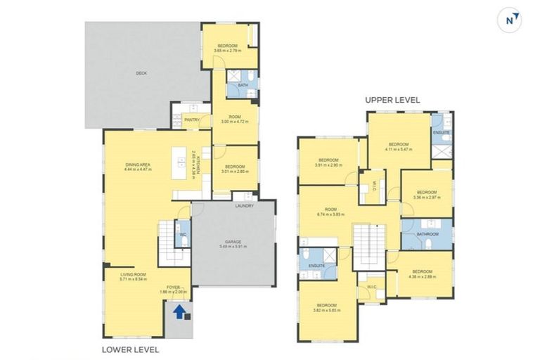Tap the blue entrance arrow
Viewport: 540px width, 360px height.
pyautogui.click(x=180, y=311)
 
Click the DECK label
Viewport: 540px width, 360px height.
pyautogui.click(x=141, y=72)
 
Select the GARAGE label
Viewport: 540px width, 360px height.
pyautogui.click(x=233, y=242)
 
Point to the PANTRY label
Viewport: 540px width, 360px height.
pyautogui.click(x=192, y=120)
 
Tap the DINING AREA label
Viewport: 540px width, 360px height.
pyautogui.click(x=137, y=165)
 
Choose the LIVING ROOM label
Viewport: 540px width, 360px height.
pyautogui.click(x=132, y=274)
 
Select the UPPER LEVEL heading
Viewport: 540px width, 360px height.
pyautogui.click(x=392, y=100)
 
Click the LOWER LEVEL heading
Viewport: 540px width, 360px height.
pyautogui.click(x=130, y=349)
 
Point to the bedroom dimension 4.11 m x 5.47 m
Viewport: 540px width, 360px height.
pyautogui.click(x=399, y=148)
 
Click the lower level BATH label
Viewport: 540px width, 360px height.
pyautogui.click(x=243, y=86)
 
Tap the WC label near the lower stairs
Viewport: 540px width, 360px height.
pyautogui.click(x=181, y=235)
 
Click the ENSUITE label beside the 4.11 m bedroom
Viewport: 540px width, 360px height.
pyautogui.click(x=441, y=132)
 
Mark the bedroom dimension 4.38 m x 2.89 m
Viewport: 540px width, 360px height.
pyautogui.click(x=423, y=276)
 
